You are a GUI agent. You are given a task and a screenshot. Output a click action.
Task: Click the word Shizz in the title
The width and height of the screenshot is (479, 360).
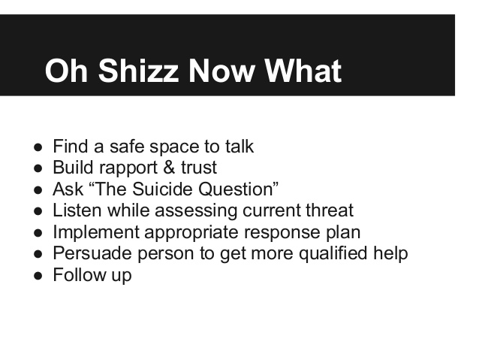click(x=138, y=71)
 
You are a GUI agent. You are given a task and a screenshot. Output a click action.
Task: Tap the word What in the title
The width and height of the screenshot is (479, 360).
click(x=303, y=71)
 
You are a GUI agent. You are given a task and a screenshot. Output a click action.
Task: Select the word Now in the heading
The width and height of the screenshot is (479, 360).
click(x=221, y=71)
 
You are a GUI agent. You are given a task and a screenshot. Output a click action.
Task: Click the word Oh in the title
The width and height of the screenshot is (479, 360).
click(x=66, y=71)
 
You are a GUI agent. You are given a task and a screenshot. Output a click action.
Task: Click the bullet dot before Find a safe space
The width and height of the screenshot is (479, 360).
click(x=38, y=147)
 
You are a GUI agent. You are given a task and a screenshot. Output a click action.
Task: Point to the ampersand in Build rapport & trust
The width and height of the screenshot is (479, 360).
click(x=169, y=168)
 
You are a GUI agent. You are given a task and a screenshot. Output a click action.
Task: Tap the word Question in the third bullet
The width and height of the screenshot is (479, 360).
click(x=236, y=189)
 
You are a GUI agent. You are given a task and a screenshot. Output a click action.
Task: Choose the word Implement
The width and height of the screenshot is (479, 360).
click(x=96, y=231)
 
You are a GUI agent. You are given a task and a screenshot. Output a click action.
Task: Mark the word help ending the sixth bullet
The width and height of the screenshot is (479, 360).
click(x=390, y=254)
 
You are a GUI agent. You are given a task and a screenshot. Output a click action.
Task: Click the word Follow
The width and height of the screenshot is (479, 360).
click(x=80, y=274)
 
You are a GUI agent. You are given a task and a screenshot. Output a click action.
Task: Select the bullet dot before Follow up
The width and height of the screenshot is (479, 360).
click(x=38, y=276)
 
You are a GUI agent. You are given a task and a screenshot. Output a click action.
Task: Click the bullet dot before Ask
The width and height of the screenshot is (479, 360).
click(x=38, y=190)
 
